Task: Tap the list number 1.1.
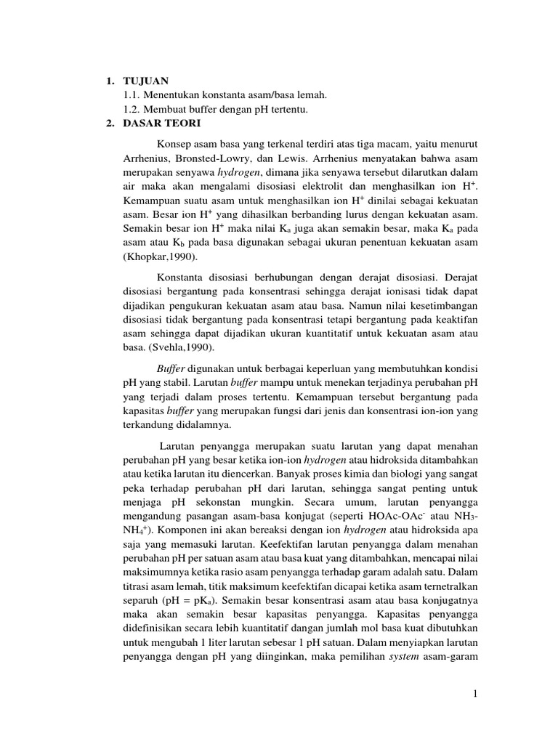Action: tap(131, 95)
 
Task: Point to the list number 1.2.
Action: tap(131, 109)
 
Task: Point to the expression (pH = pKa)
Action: tap(185, 601)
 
